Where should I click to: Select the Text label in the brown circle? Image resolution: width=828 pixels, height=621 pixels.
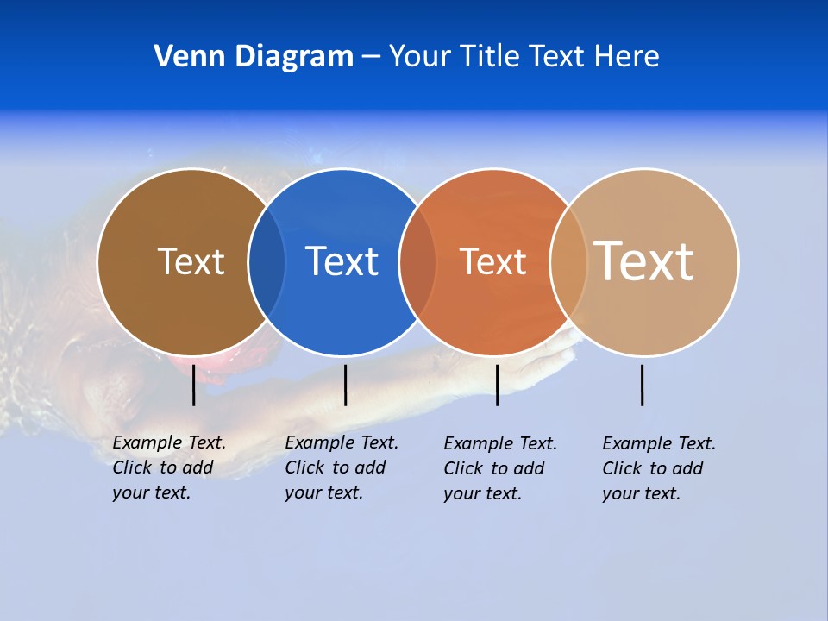[x=191, y=261]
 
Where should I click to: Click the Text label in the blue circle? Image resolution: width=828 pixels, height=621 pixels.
[x=342, y=261]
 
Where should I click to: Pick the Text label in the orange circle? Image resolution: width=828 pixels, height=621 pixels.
[x=492, y=262]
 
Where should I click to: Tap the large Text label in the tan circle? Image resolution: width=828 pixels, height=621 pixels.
[x=643, y=260]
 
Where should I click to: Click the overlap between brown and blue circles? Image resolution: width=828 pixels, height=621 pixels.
[x=267, y=261]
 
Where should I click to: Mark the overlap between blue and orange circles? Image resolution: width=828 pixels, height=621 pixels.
[x=417, y=261]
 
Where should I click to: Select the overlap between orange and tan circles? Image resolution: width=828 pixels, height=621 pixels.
[x=568, y=261]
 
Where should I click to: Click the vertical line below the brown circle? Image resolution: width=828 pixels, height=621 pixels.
[x=194, y=385]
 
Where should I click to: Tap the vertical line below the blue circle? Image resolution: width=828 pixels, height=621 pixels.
[x=345, y=385]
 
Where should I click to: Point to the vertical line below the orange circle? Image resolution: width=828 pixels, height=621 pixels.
[x=497, y=385]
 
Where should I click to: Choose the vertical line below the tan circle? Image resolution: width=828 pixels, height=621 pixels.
[x=643, y=385]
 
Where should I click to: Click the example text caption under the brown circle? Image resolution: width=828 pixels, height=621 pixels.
[x=169, y=467]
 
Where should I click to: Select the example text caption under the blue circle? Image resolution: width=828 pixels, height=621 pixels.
[x=342, y=467]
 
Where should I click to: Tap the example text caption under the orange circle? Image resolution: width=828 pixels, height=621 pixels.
[x=500, y=468]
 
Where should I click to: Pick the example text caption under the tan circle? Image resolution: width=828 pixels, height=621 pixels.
[x=659, y=468]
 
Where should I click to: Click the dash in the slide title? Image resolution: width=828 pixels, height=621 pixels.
[x=371, y=58]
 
